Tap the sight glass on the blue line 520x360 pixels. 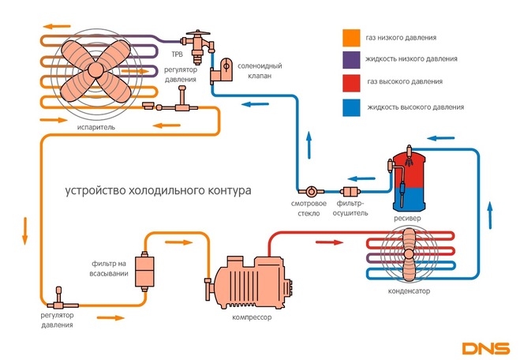coord(311,191)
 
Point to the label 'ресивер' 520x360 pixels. coord(408,217)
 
